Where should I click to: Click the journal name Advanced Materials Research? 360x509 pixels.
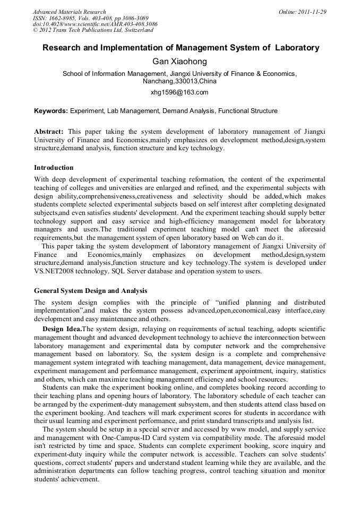(x=70, y=12)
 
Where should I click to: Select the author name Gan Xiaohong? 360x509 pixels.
(x=179, y=62)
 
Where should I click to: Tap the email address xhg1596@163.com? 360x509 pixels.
(x=179, y=92)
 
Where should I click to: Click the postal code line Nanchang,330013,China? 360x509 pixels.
(x=179, y=82)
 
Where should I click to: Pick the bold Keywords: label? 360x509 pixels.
(x=51, y=111)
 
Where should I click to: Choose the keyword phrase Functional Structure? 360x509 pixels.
(x=248, y=111)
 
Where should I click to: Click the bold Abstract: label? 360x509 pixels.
(x=49, y=131)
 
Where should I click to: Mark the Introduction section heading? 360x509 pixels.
(x=54, y=168)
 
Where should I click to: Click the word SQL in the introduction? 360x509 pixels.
(x=112, y=271)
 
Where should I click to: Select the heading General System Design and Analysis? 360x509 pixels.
(x=91, y=291)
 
